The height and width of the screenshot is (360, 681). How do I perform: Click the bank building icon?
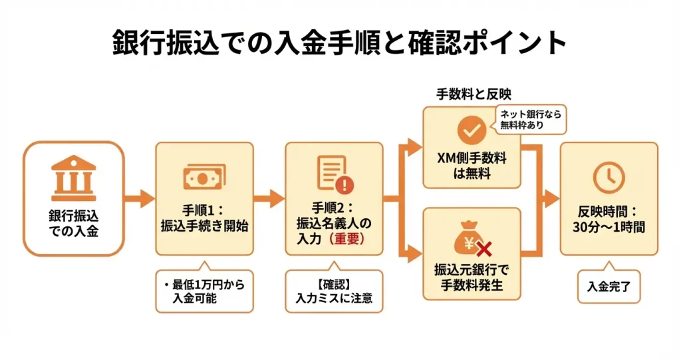(x=73, y=178)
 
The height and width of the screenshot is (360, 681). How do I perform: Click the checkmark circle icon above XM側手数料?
(x=472, y=131)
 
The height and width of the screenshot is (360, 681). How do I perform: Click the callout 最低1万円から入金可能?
(x=204, y=291)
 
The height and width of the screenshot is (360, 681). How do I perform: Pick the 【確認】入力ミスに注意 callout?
(x=334, y=291)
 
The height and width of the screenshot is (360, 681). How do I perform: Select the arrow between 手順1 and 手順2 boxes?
(x=269, y=198)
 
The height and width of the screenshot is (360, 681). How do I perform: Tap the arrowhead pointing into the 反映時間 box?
(x=551, y=198)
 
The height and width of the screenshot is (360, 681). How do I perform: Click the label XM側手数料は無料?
(x=472, y=166)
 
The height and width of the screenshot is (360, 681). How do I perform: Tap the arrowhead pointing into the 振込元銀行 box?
(x=415, y=253)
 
